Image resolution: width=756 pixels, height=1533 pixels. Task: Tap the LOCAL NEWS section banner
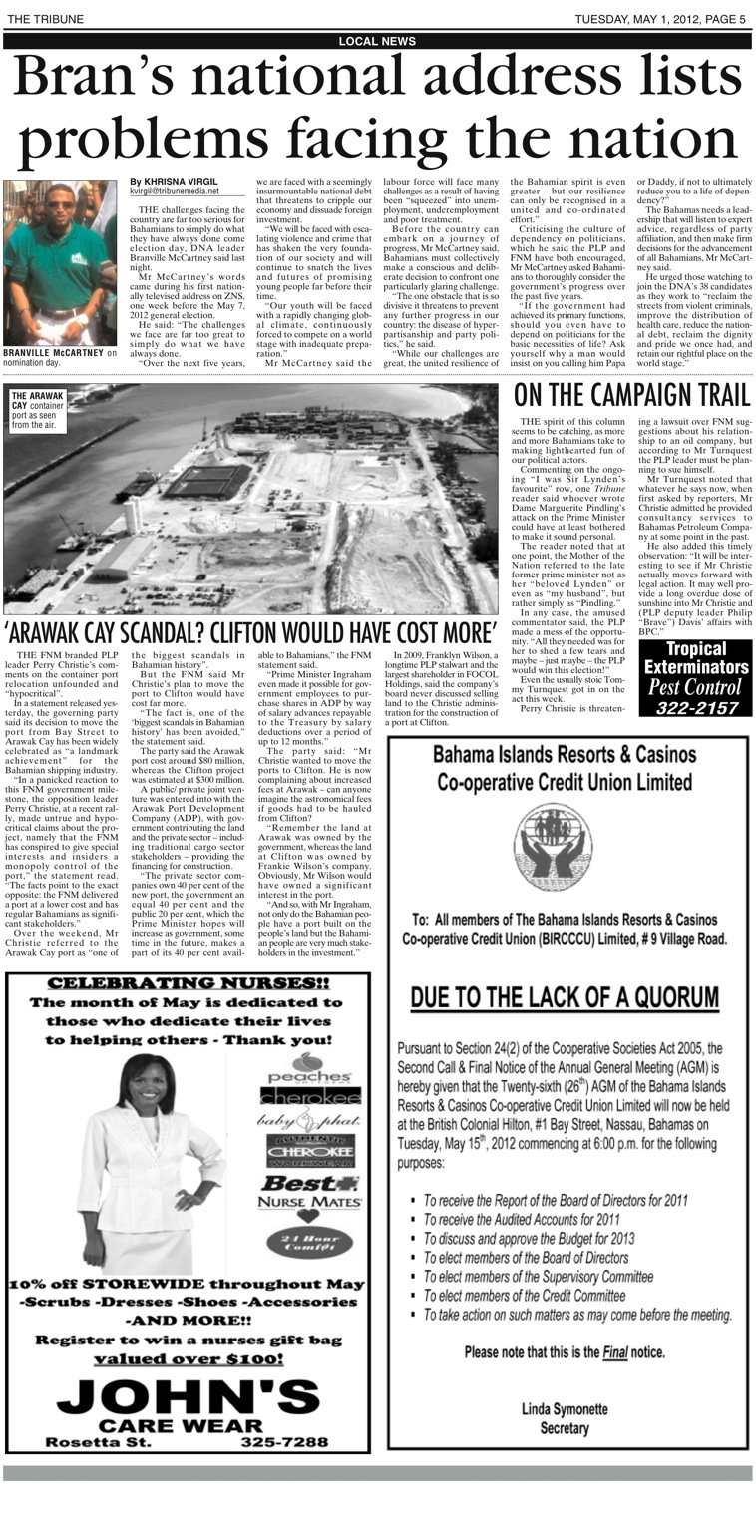point(377,41)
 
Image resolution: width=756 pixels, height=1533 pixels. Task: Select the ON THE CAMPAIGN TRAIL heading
point(632,394)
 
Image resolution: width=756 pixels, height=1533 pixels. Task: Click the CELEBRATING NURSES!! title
point(189,983)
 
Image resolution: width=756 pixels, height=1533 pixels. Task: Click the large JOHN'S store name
point(189,1394)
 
